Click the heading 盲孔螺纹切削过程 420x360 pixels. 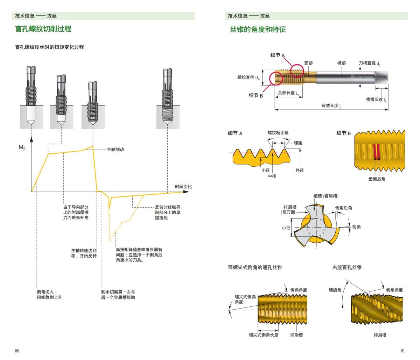(x=43, y=29)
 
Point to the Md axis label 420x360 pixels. (x=22, y=147)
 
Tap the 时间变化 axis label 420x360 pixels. (x=183, y=187)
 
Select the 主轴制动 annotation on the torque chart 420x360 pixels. (x=115, y=150)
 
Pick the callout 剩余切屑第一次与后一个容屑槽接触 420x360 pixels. (x=118, y=295)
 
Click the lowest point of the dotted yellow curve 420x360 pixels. (x=110, y=240)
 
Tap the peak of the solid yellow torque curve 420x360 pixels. (x=93, y=146)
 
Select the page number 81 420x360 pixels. (x=402, y=351)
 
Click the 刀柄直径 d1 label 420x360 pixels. (x=369, y=63)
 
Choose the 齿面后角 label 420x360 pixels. (x=377, y=179)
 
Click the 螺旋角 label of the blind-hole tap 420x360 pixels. (x=335, y=290)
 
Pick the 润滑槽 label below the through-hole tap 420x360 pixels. (x=296, y=335)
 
